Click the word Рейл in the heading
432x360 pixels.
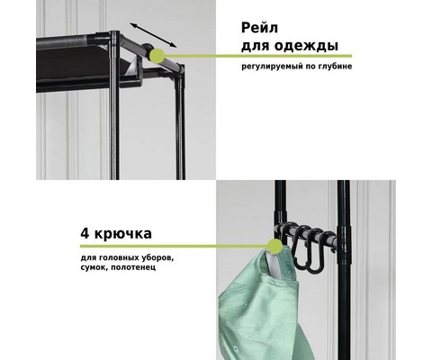click(260, 28)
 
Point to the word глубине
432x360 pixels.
click(335, 66)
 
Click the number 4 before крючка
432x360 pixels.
click(85, 233)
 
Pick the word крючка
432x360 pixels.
click(123, 234)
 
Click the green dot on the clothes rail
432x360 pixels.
click(157, 56)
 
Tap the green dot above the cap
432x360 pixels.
click(274, 247)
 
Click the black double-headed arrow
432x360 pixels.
click(153, 35)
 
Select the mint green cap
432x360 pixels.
click(259, 302)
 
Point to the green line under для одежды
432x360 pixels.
click(258, 56)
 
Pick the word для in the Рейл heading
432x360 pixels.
click(256, 46)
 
